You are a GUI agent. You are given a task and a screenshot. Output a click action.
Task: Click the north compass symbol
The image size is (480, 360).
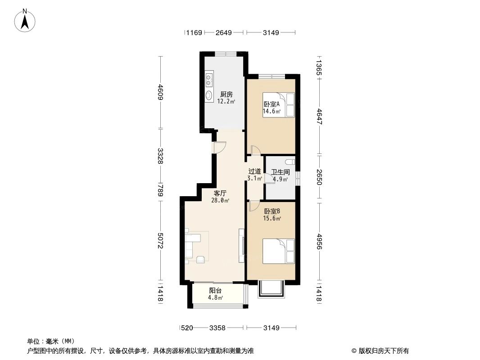point(26,20)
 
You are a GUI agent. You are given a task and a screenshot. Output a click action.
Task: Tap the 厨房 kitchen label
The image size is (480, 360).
point(226,94)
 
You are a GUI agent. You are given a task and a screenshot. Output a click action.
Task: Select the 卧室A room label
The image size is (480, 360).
point(272,104)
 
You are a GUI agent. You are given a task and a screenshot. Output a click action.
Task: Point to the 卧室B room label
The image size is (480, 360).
point(272,211)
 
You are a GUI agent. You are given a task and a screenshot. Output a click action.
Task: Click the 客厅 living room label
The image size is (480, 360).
point(220,193)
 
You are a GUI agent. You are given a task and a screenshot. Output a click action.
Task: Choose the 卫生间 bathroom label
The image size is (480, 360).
point(280,172)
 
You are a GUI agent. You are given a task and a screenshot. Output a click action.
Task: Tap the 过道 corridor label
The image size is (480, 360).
point(254,171)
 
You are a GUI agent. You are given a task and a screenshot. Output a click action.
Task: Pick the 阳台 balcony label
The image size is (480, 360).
point(215,291)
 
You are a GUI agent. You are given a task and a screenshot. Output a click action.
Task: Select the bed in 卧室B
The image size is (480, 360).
point(278,251)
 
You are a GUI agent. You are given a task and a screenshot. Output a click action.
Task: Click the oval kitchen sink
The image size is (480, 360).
point(209,95)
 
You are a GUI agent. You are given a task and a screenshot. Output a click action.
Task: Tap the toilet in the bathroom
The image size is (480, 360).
point(290,162)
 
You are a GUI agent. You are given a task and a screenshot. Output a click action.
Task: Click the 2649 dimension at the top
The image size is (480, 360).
point(223,32)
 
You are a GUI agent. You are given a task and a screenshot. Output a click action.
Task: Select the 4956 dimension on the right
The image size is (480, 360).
point(319,243)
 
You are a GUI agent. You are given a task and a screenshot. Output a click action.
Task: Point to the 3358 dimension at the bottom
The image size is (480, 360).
point(217,328)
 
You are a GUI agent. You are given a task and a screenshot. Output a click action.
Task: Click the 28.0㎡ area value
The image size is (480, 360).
point(221,201)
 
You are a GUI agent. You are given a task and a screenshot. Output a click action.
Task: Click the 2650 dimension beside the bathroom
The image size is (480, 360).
point(319,177)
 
